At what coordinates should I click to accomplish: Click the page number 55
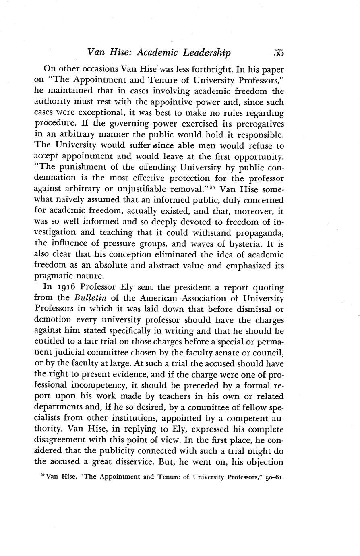point(279,53)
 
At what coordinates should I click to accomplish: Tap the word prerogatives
point(258,123)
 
